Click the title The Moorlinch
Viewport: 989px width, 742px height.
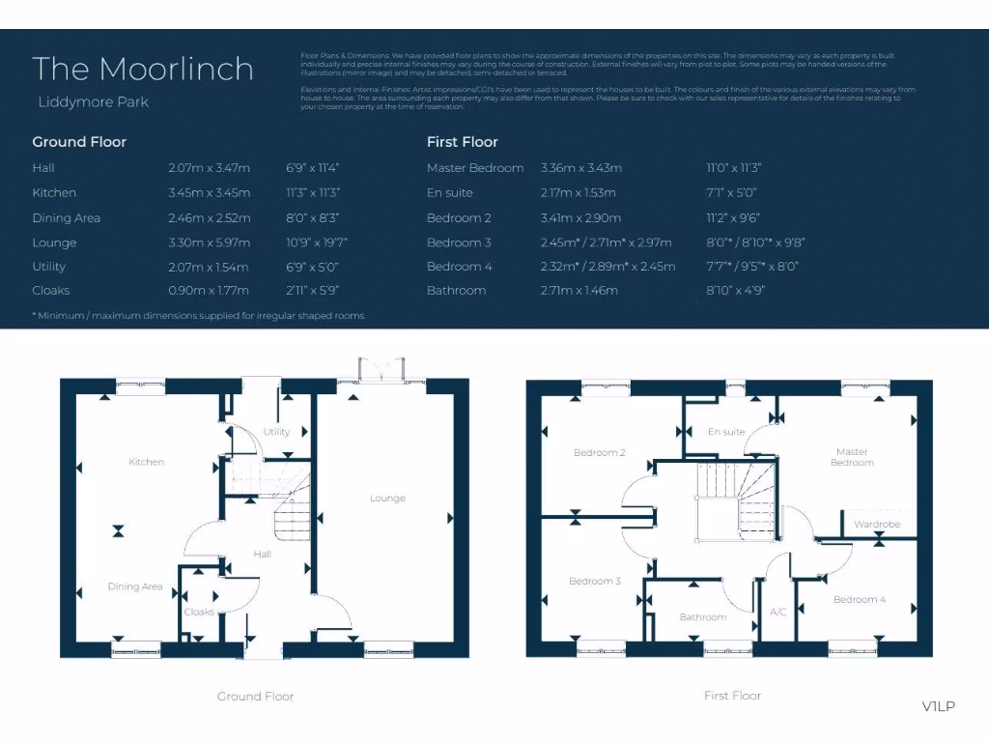tap(143, 69)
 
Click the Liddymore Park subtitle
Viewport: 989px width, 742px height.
tap(93, 101)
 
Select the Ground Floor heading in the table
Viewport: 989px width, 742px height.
tap(79, 142)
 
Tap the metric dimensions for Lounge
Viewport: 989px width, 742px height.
tap(209, 243)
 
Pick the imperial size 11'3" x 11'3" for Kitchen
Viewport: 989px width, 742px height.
tap(314, 192)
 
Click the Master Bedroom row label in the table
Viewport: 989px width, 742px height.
tap(475, 167)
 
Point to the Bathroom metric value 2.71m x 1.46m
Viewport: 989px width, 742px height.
tap(579, 290)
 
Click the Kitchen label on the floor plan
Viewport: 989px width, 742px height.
tap(147, 462)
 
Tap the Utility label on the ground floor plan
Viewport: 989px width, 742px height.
tap(276, 432)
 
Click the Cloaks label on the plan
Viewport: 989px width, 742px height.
tap(199, 612)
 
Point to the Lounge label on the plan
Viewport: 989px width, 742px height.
tap(387, 499)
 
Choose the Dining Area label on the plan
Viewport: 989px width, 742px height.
tap(135, 586)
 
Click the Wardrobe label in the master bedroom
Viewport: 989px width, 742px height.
tap(877, 525)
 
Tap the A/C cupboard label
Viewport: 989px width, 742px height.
tap(778, 612)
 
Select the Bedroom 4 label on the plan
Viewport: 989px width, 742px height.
tap(860, 599)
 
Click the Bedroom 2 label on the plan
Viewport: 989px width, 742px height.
tap(600, 452)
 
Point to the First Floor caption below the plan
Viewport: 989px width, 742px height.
tap(732, 696)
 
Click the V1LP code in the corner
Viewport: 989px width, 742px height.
tap(938, 706)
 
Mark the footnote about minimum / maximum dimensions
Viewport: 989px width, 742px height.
tap(198, 316)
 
